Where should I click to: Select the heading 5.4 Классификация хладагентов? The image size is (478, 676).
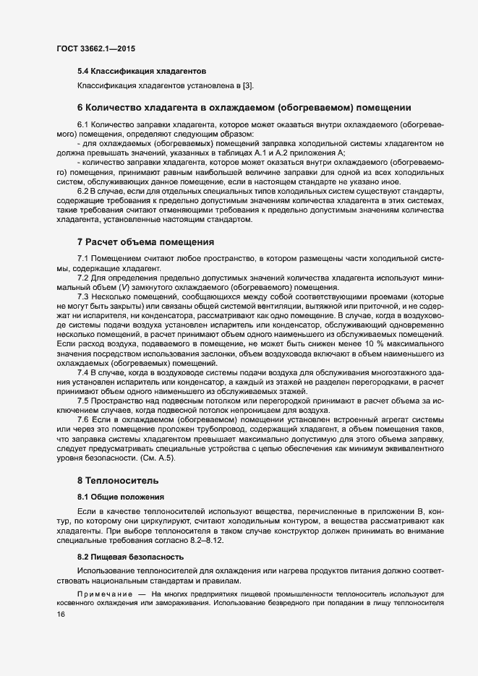coord(142,72)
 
